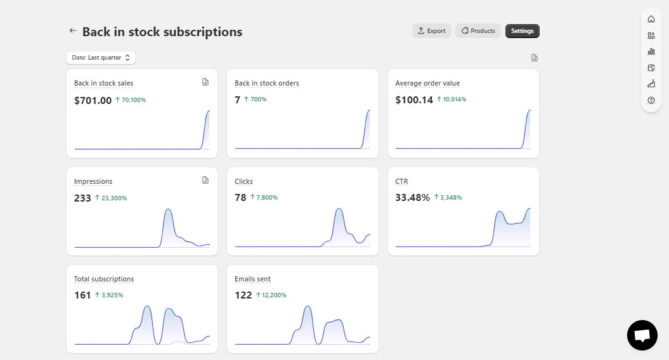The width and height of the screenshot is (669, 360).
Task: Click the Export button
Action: pyautogui.click(x=431, y=30)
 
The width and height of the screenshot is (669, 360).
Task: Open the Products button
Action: pyautogui.click(x=478, y=30)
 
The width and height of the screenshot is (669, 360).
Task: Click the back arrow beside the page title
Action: pyautogui.click(x=73, y=30)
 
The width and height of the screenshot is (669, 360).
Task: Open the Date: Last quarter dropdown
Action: pyautogui.click(x=101, y=58)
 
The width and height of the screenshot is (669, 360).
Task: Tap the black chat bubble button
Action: pyautogui.click(x=642, y=335)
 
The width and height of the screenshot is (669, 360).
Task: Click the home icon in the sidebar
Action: pyautogui.click(x=651, y=19)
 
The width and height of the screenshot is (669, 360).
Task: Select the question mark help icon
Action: pyautogui.click(x=651, y=100)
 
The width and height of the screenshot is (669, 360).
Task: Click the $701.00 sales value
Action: pyautogui.click(x=93, y=100)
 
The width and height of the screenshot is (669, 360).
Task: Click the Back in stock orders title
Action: pyautogui.click(x=267, y=83)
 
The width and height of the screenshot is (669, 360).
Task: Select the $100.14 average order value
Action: pyautogui.click(x=414, y=100)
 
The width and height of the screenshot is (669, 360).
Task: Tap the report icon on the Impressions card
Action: pyautogui.click(x=205, y=180)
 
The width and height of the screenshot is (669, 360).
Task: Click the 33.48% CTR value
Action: pyautogui.click(x=412, y=198)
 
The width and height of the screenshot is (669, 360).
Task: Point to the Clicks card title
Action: pyautogui.click(x=244, y=181)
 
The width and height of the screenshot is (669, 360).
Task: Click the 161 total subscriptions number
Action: pyautogui.click(x=82, y=295)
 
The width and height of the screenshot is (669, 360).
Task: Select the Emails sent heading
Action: pyautogui.click(x=252, y=279)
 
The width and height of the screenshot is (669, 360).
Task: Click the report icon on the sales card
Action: pyautogui.click(x=205, y=82)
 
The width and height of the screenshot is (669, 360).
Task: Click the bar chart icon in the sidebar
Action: pyautogui.click(x=651, y=51)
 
